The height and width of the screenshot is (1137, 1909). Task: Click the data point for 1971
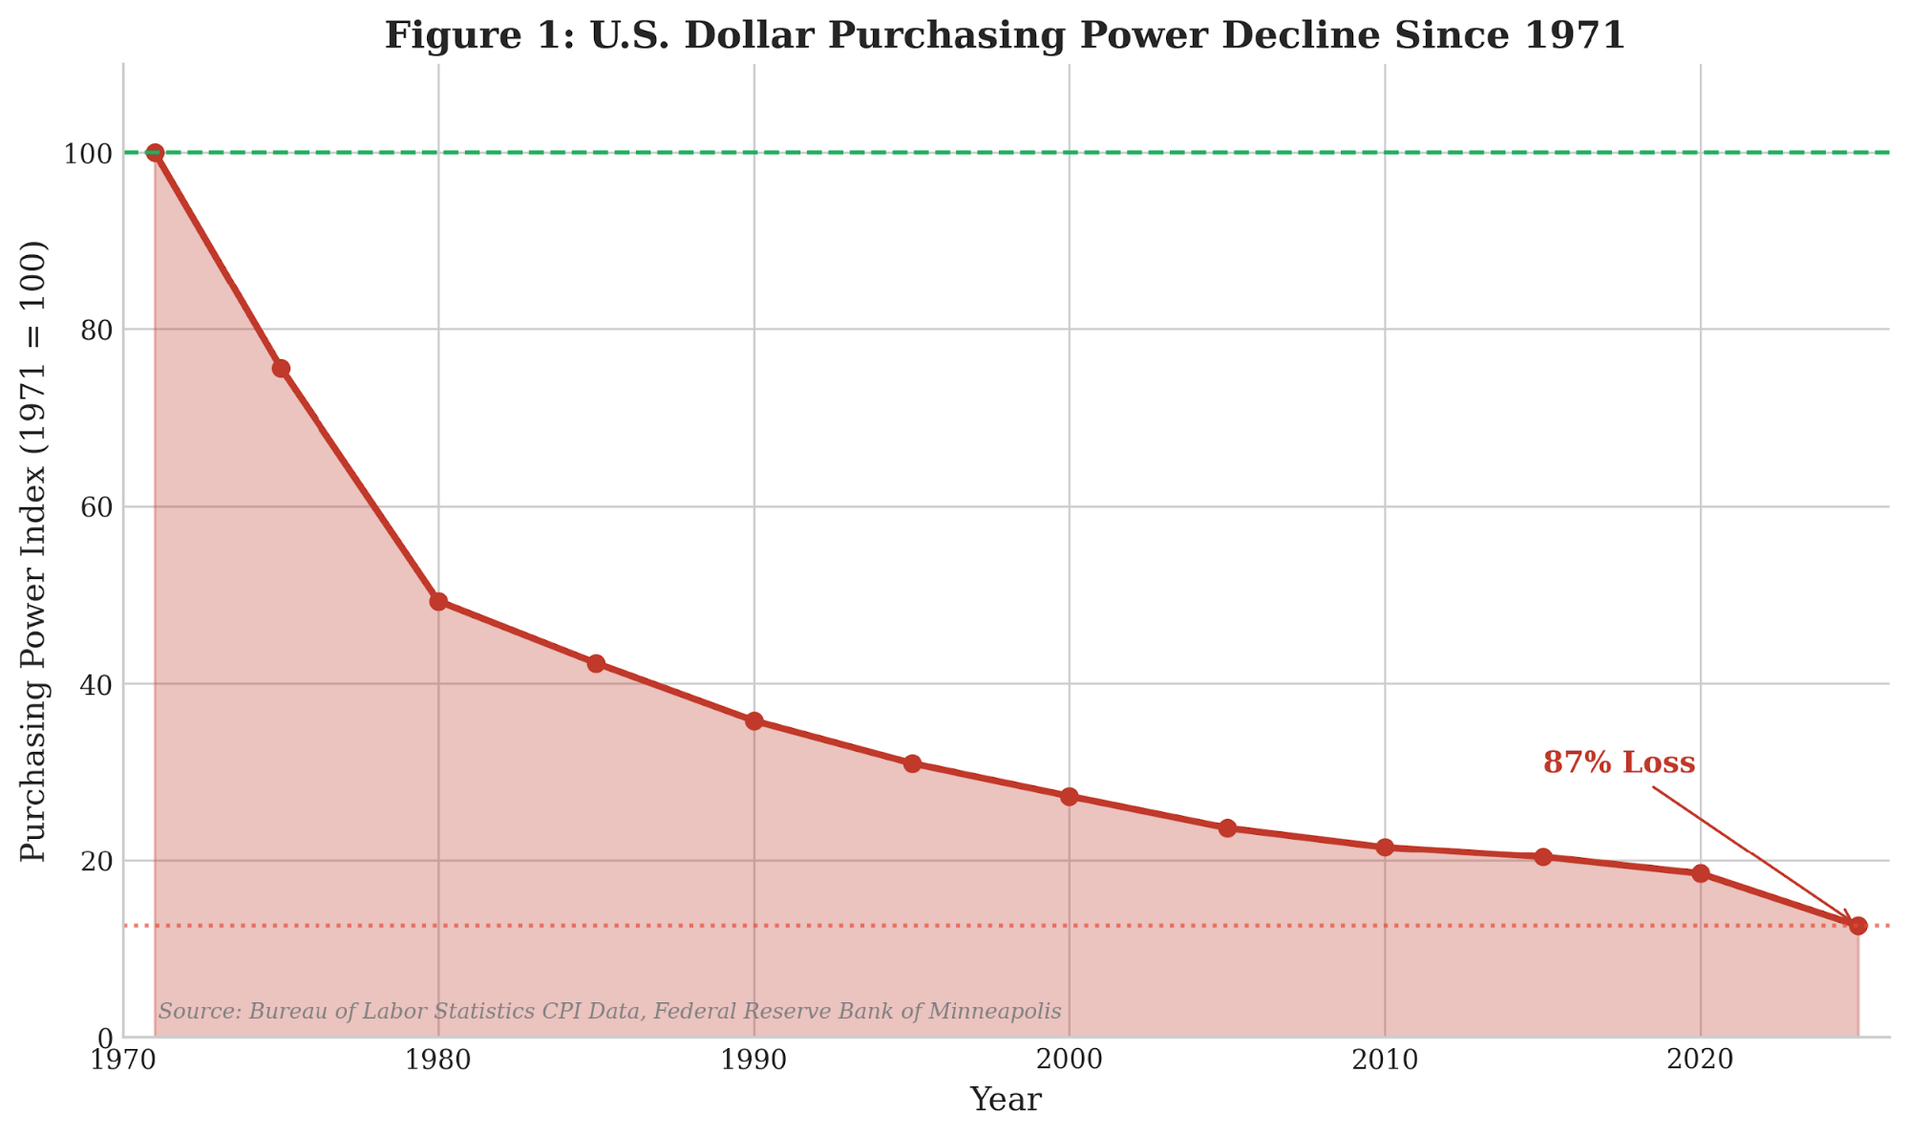155,153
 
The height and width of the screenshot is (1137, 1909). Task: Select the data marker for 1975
281,369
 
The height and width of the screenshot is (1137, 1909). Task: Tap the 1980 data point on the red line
438,601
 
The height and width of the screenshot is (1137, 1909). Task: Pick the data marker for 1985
596,663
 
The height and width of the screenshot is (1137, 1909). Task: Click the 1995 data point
912,763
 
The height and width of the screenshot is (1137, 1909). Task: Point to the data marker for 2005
1227,827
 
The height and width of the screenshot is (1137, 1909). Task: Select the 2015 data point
1542,857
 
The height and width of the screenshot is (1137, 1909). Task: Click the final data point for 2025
1857,926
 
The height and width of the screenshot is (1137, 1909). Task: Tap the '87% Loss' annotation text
1619,762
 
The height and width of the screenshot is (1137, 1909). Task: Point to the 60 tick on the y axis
95,507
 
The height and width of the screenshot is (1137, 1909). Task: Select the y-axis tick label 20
95,862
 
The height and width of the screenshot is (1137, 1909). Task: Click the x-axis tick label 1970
123,1059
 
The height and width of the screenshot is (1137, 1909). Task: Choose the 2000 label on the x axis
1069,1059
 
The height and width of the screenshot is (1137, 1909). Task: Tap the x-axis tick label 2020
1700,1059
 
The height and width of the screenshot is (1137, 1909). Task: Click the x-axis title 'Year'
1005,1100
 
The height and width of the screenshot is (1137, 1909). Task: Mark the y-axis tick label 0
105,1039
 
